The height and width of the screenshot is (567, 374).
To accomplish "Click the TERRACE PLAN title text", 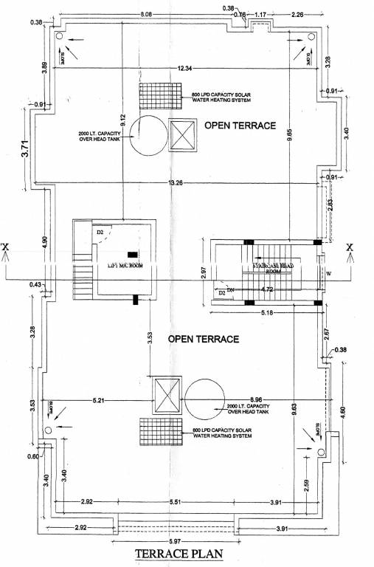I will click(179, 554).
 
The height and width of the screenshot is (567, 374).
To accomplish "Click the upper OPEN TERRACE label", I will click(240, 126).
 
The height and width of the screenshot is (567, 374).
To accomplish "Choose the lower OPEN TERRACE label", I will click(204, 339).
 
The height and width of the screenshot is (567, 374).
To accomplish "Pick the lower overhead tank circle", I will click(204, 399).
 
